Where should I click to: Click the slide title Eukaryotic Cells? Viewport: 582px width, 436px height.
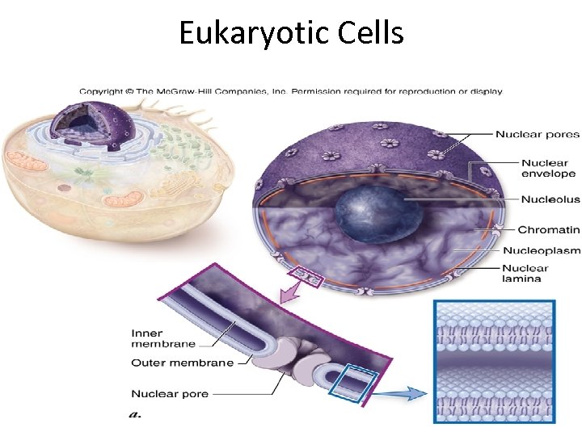291,34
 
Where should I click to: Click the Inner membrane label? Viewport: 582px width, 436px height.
162,338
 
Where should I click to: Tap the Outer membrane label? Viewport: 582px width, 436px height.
182,363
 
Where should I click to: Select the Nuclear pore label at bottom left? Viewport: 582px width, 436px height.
170,394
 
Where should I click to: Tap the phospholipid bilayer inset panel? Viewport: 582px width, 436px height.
495,361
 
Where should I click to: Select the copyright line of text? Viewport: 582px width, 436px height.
291,91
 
